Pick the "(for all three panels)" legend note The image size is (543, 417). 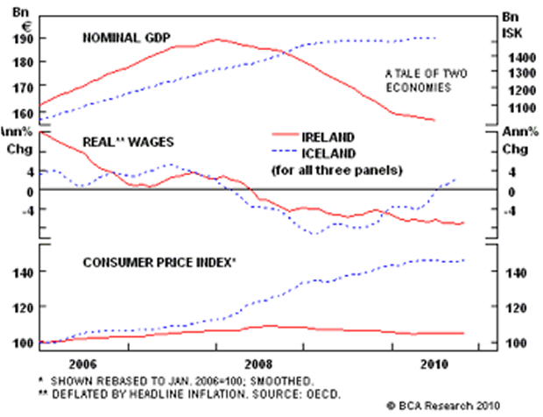click(337, 168)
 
